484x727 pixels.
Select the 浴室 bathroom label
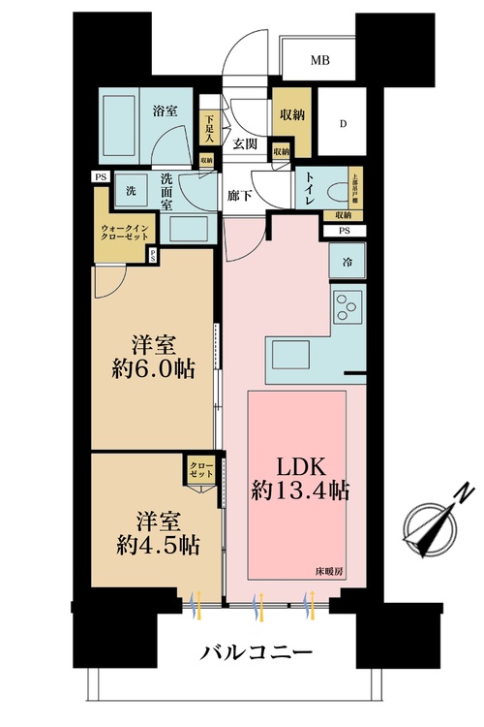click(166, 111)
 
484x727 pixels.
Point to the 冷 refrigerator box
click(346, 262)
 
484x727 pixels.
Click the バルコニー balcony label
click(256, 652)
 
